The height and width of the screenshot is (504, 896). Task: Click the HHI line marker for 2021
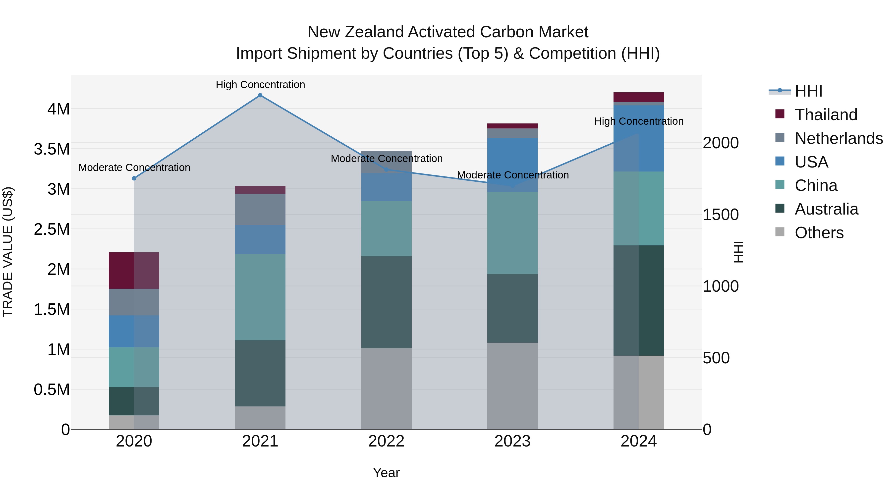[260, 95]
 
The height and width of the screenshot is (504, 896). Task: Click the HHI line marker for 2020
[134, 178]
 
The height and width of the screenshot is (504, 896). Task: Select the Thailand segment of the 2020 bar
[134, 271]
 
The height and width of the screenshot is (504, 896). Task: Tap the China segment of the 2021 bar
[260, 297]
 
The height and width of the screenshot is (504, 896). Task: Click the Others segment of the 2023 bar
[512, 386]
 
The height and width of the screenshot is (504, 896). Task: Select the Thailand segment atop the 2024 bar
[639, 97]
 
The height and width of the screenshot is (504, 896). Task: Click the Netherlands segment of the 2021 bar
[260, 209]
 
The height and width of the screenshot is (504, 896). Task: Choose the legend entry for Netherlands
[838, 138]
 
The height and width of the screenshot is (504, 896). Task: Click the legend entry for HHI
[808, 91]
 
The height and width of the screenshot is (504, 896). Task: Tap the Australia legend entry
[826, 209]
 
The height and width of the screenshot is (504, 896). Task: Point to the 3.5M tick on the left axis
[52, 149]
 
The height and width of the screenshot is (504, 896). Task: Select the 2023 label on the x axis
[512, 441]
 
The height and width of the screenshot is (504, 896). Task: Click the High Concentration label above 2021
[260, 85]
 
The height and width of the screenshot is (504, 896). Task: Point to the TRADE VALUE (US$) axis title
[8, 252]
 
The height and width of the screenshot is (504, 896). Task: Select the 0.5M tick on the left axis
[52, 390]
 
